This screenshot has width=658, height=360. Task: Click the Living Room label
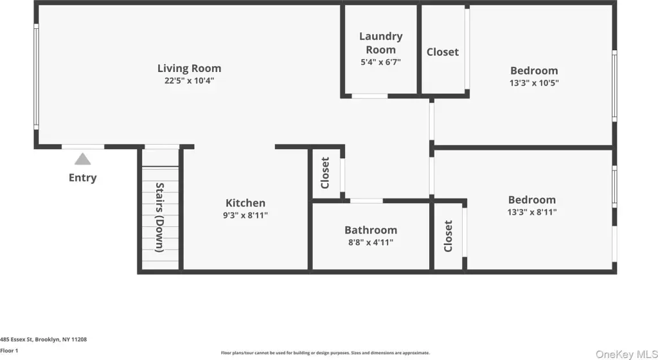[190, 68]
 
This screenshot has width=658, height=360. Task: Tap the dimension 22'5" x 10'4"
[190, 80]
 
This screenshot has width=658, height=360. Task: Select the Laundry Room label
[380, 43]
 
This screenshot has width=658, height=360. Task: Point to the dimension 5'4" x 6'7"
[380, 62]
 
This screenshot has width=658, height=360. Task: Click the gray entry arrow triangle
[83, 159]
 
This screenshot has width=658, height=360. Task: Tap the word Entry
[83, 177]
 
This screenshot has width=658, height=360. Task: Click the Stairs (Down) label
[159, 217]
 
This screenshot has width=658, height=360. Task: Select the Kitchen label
[245, 203]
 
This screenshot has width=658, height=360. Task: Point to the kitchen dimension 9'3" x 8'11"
[245, 215]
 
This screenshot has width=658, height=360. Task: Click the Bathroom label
[371, 230]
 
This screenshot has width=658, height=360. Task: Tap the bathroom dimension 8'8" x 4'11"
[371, 242]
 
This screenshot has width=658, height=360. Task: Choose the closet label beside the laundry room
[443, 52]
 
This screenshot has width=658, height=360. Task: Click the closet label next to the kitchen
[325, 173]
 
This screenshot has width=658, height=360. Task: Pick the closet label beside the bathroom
[448, 236]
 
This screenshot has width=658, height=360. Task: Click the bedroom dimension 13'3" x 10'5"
[534, 83]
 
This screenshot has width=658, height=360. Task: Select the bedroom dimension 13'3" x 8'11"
[532, 212]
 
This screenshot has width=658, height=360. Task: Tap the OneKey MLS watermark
[627, 355]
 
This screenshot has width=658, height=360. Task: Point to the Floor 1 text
[9, 351]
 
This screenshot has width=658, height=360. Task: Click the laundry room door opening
[369, 96]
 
